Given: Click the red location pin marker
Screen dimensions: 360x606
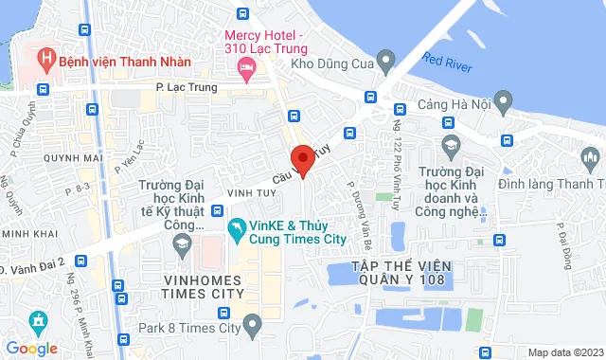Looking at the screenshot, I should click(302, 160).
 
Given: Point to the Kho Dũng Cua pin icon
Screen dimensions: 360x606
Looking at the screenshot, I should click(384, 63).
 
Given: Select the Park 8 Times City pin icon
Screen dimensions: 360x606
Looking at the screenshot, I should click(252, 327).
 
